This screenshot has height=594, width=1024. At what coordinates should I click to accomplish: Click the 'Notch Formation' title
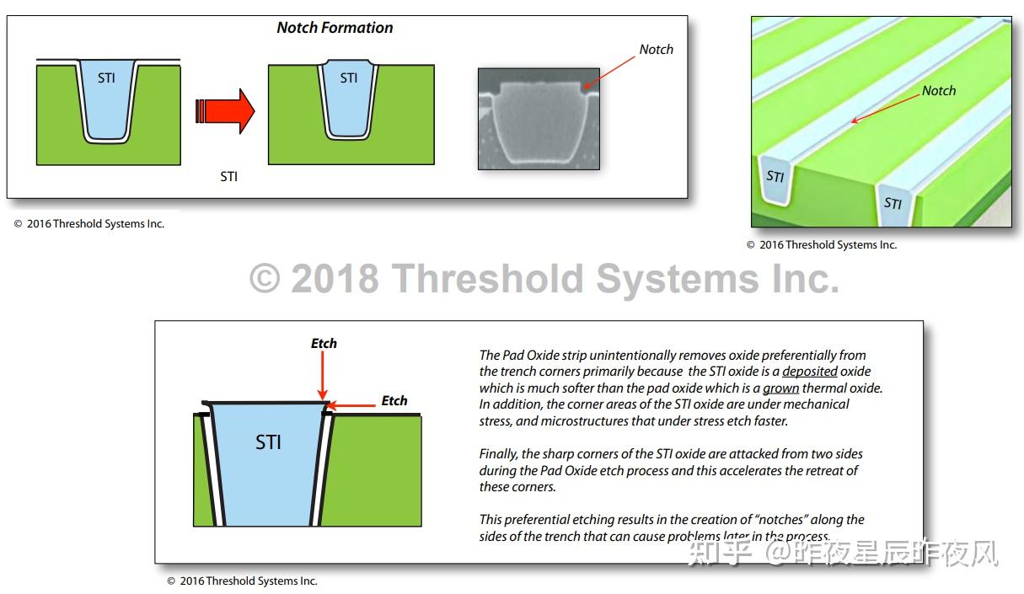click(x=335, y=28)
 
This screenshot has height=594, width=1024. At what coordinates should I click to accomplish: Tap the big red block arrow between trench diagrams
click(x=226, y=110)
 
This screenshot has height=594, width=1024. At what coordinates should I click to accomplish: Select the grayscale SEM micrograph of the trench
click(x=539, y=119)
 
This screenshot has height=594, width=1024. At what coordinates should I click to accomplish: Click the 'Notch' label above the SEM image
click(x=656, y=50)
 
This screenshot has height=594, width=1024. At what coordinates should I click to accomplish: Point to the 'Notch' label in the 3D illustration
click(x=938, y=91)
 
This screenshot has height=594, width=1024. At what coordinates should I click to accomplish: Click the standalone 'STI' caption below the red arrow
click(x=228, y=177)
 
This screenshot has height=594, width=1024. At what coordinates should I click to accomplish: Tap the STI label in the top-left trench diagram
click(x=107, y=78)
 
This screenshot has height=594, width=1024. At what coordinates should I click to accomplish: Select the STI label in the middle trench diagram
click(x=348, y=78)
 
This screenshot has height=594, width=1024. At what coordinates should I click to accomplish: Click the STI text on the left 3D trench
click(x=775, y=177)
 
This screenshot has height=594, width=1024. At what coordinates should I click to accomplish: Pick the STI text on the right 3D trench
click(x=893, y=203)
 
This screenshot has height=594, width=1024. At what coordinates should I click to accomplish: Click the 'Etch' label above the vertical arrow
click(x=324, y=344)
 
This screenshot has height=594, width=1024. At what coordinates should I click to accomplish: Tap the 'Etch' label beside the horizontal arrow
click(x=394, y=401)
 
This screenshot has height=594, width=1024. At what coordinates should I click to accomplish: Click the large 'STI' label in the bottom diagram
click(x=268, y=442)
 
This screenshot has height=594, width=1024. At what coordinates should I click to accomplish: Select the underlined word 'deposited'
click(x=809, y=372)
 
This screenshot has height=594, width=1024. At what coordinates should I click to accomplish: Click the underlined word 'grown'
click(x=781, y=388)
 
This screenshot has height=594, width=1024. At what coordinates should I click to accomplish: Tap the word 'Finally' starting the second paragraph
click(x=498, y=454)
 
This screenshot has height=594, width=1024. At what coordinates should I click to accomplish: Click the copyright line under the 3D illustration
click(x=821, y=245)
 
